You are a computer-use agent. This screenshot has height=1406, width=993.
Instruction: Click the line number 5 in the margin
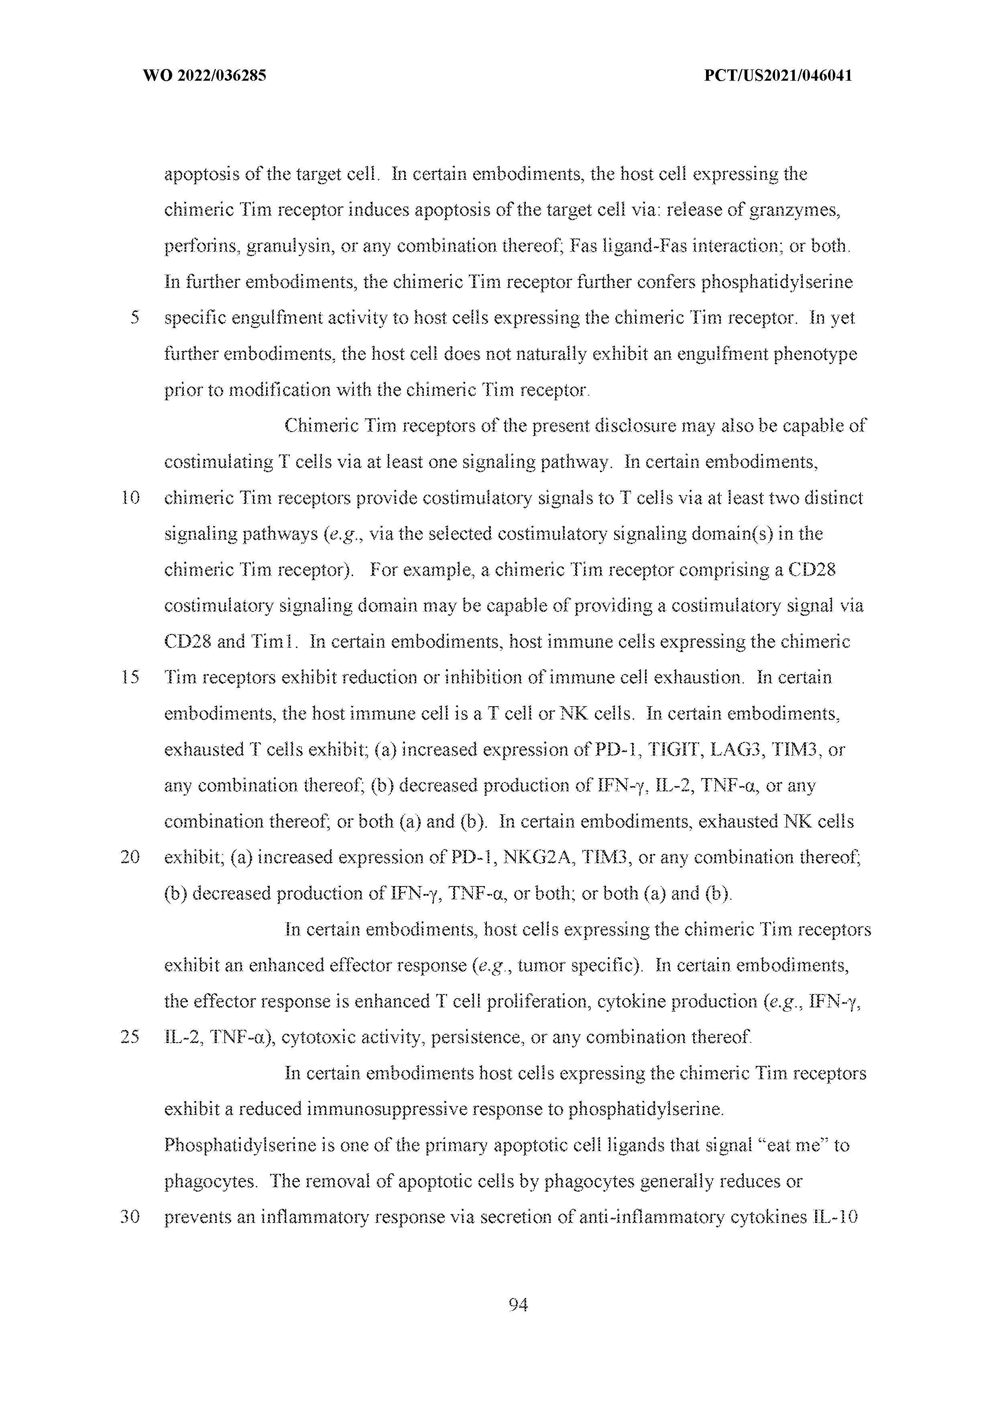pyautogui.click(x=135, y=318)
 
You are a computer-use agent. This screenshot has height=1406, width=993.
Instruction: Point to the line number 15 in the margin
pyautogui.click(x=131, y=678)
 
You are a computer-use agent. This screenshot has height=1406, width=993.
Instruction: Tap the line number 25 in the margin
pyautogui.click(x=131, y=1038)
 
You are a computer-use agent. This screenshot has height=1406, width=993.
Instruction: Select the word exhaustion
pyautogui.click(x=698, y=678)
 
